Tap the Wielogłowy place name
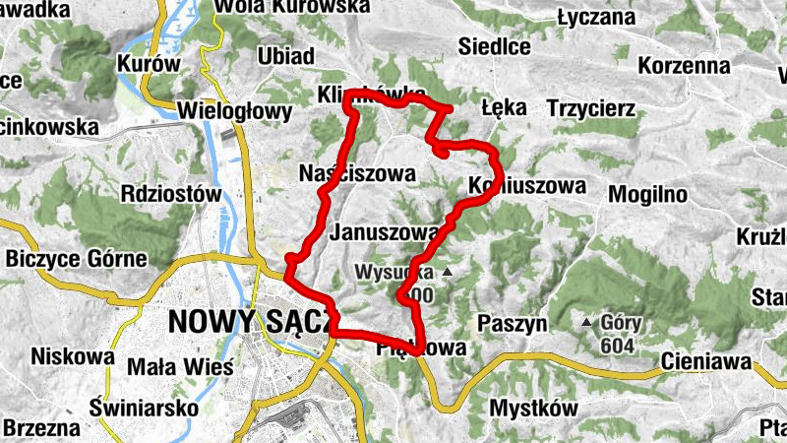[x=234, y=111]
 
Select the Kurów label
[x=149, y=63]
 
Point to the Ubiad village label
[x=285, y=55]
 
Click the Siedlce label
[x=495, y=46]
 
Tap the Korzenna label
[x=684, y=66]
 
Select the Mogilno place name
[x=645, y=193]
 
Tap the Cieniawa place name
[x=706, y=360]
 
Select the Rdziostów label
[x=171, y=194]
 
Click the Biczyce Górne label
[x=77, y=259]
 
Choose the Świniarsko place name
[x=143, y=407]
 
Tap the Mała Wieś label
[x=182, y=367]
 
